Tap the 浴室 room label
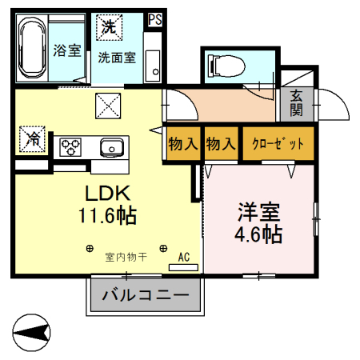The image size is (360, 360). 67,50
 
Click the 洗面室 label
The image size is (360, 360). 117,58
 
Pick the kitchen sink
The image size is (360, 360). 110,147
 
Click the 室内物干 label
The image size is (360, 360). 126,257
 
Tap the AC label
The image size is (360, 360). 183,257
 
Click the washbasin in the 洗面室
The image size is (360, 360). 152,62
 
